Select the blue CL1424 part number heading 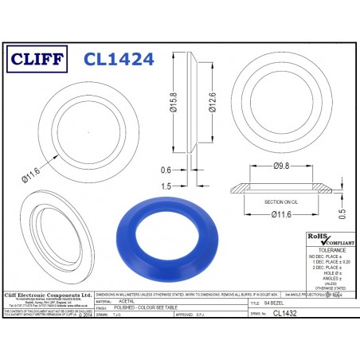click(x=118, y=58)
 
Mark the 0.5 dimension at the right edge click(x=342, y=213)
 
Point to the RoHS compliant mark click(x=327, y=238)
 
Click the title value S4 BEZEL click(x=295, y=303)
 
